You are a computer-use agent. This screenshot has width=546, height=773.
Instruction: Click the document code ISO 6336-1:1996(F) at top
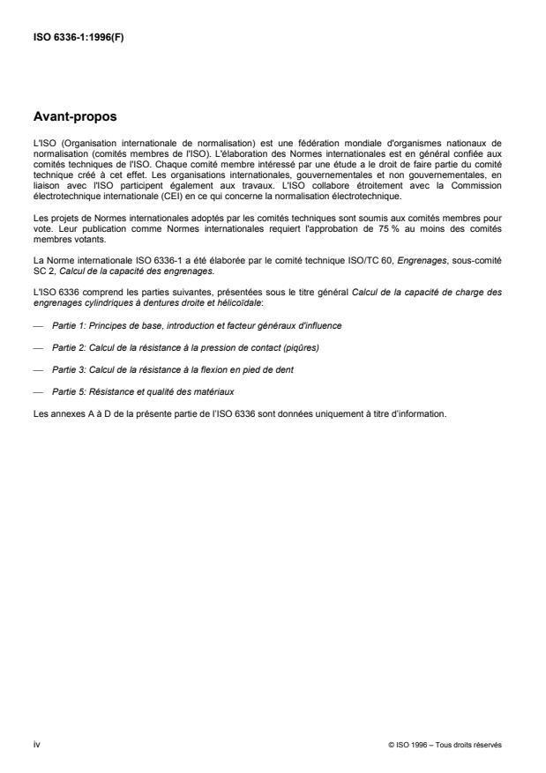[78, 37]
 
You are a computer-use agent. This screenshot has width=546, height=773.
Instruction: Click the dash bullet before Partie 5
[39, 390]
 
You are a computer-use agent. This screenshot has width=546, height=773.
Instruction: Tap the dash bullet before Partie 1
[39, 325]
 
